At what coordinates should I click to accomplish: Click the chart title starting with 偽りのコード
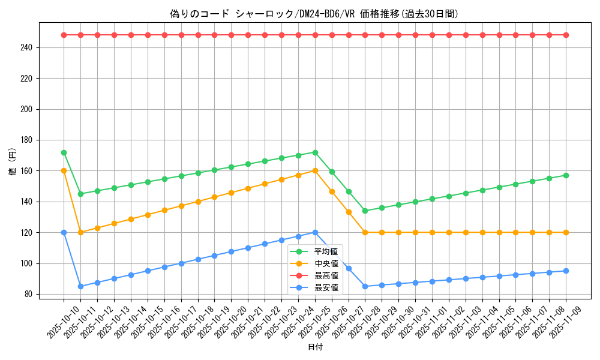(x=314, y=14)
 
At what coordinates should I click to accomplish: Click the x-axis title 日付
(x=315, y=347)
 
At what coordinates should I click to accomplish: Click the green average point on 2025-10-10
(x=64, y=152)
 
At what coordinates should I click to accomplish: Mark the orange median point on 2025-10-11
(x=80, y=232)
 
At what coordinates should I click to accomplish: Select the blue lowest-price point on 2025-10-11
(x=80, y=286)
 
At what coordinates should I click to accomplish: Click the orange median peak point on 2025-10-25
(x=315, y=170)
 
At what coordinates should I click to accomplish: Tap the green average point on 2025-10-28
(x=365, y=211)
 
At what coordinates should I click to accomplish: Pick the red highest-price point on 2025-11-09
(x=566, y=35)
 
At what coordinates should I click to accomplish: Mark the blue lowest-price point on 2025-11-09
(x=566, y=271)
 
